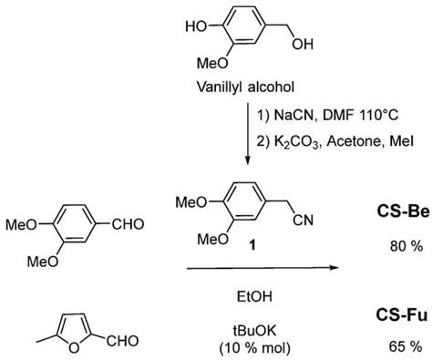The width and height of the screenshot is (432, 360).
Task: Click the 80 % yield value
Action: point(394,245)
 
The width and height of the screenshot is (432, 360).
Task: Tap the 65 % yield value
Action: point(394,346)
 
